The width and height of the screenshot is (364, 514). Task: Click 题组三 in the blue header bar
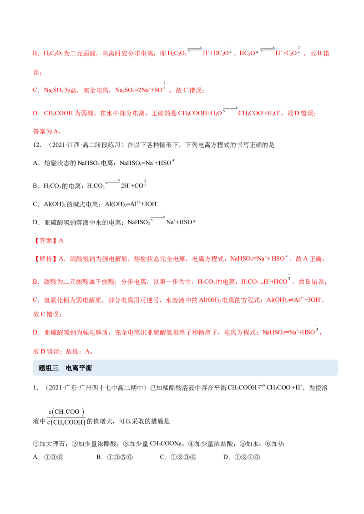(49, 368)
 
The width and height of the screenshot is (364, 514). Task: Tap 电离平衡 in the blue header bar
(79, 368)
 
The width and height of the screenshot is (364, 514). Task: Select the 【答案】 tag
(45, 240)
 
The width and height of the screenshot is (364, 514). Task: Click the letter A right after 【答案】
(62, 240)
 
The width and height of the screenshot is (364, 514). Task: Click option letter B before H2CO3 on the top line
(35, 54)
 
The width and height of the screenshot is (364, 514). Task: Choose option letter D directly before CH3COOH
(35, 113)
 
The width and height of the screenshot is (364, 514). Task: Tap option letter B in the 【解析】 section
(35, 282)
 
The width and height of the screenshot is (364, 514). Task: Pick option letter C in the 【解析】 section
(35, 300)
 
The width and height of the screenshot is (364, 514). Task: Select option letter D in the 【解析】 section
(35, 333)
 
